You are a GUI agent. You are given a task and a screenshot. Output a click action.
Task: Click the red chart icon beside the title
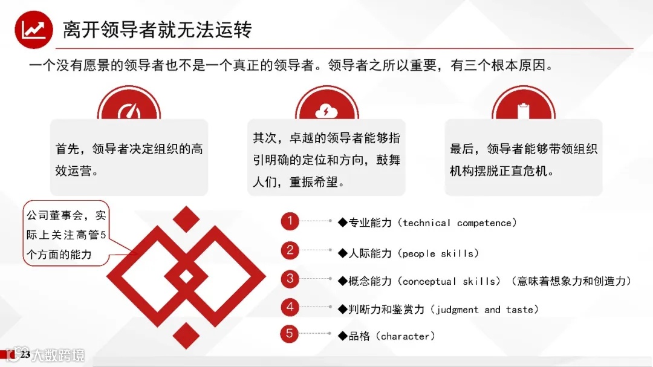pos(34,30)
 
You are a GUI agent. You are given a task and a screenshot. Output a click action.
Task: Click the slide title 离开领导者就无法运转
pos(157,29)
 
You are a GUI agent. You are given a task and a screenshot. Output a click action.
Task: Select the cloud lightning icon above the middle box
pos(326,111)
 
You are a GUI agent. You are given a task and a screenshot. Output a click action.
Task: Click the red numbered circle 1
pos(290,222)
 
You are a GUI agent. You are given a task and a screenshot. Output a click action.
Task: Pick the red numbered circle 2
pos(290,250)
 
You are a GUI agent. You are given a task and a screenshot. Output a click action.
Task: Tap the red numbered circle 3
pos(290,279)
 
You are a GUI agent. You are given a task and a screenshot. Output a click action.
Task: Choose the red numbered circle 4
pos(290,307)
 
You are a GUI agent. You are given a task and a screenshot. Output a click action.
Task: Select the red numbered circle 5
pos(290,334)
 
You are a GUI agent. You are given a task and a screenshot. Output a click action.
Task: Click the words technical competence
pos(460,223)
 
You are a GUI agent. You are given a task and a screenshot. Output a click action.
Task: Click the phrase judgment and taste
pos(484,310)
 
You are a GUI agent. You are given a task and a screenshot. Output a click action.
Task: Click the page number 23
pos(25,354)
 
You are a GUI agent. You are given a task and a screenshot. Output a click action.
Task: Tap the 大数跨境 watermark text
pos(58,355)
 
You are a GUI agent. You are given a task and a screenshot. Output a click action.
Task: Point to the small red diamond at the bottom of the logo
pos(186,335)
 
